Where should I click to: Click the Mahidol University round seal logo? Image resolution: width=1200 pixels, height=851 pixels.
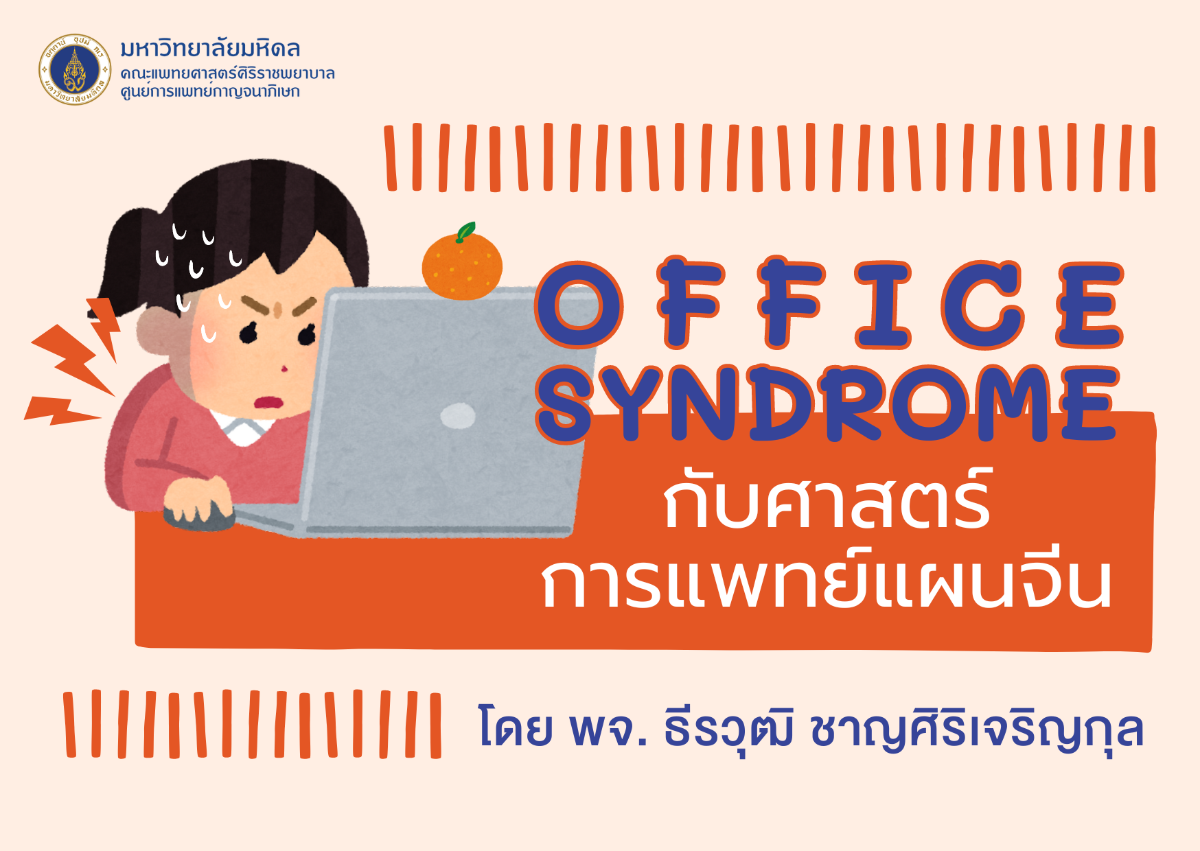tap(75, 69)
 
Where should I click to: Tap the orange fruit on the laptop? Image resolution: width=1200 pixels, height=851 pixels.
tap(462, 266)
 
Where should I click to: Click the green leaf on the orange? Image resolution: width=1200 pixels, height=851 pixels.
tap(466, 231)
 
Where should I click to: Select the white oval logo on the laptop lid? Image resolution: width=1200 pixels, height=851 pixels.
tap(457, 415)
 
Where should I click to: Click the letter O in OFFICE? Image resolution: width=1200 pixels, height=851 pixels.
tap(579, 304)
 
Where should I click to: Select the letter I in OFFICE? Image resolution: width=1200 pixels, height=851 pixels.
tap(883, 304)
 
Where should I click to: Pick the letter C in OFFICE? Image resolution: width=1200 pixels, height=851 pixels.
tap(983, 304)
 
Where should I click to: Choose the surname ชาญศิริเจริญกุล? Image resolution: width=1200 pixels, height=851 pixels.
tap(977, 729)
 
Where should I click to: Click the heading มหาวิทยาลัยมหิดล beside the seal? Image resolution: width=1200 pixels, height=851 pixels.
tap(210, 49)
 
